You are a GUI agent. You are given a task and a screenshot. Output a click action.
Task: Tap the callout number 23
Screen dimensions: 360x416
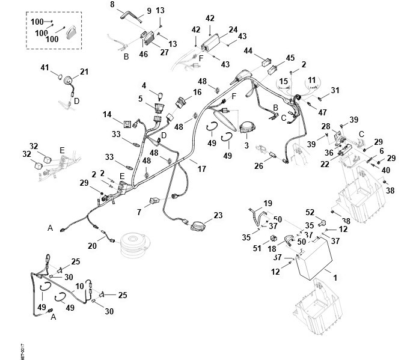tap(218, 215)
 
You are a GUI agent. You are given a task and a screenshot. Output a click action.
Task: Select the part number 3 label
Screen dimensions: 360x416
tap(246, 145)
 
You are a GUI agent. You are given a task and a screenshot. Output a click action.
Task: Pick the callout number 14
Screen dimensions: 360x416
tap(108, 114)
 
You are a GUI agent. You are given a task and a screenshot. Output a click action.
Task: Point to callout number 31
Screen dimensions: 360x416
tap(335, 90)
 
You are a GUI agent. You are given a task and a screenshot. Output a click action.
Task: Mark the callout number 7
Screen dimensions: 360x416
tap(138, 213)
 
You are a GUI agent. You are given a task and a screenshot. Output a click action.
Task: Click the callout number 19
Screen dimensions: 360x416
tap(268, 203)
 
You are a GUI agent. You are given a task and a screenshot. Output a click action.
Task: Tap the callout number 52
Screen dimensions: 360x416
tap(310, 212)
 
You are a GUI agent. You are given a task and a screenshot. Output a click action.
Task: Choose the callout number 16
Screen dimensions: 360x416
tap(197, 93)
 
